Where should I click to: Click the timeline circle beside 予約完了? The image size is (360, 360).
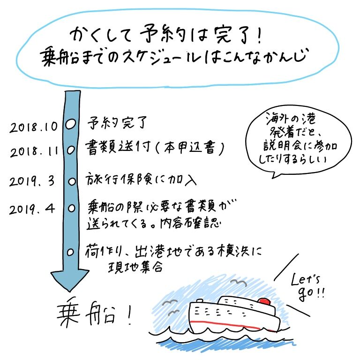[70, 125]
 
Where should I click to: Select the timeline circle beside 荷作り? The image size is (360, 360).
[71, 252]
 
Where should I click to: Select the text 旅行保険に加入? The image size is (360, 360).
[140, 180]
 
